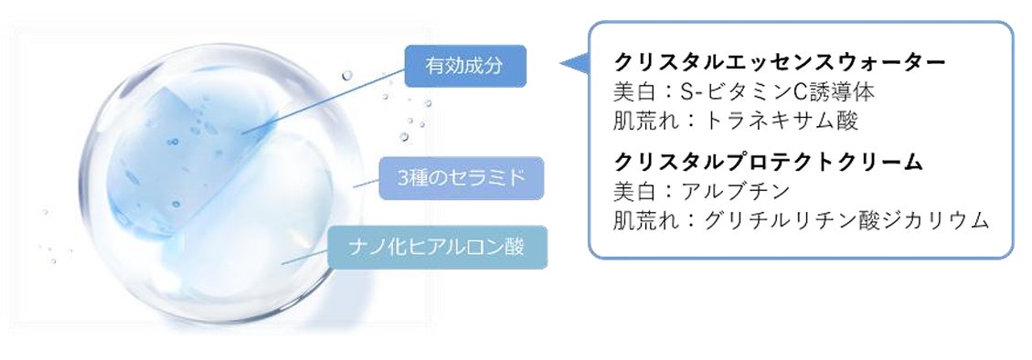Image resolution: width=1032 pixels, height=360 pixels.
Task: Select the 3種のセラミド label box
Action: tap(463, 177)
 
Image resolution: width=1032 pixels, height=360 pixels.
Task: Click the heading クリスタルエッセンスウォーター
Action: tap(780, 63)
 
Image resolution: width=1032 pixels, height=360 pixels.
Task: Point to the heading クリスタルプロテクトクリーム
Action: tap(769, 163)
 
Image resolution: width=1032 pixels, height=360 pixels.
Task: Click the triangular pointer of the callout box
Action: tap(574, 63)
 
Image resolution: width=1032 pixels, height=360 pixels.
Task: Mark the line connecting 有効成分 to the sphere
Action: tap(320, 101)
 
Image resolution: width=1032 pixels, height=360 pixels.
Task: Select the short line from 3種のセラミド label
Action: tap(366, 183)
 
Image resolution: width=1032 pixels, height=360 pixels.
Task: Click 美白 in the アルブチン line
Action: tap(633, 192)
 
